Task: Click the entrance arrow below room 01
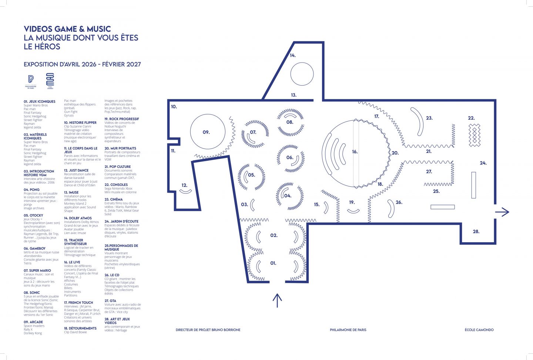pyautogui.click(x=277, y=300)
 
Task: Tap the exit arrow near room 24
pyautogui.click(x=502, y=212)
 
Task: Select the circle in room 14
pyautogui.click(x=302, y=74)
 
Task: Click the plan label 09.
pyautogui.click(x=206, y=132)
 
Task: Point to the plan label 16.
pyautogui.click(x=355, y=151)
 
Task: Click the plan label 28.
pyautogui.click(x=476, y=231)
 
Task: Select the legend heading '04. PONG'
pyautogui.click(x=32, y=190)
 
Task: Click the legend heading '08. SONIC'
pyautogui.click(x=32, y=293)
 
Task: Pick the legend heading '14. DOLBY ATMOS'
pyautogui.click(x=78, y=218)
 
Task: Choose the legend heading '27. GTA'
pyautogui.click(x=110, y=301)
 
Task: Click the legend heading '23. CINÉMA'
pyautogui.click(x=114, y=199)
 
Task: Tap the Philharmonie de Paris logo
pyautogui.click(x=31, y=81)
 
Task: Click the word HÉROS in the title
pyautogui.click(x=47, y=47)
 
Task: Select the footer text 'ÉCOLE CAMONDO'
pyautogui.click(x=479, y=330)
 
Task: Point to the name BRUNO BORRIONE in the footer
pyautogui.click(x=226, y=330)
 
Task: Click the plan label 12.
pyautogui.click(x=184, y=185)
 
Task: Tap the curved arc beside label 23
pyautogui.click(x=418, y=121)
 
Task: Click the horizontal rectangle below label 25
pyautogui.click(x=442, y=207)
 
